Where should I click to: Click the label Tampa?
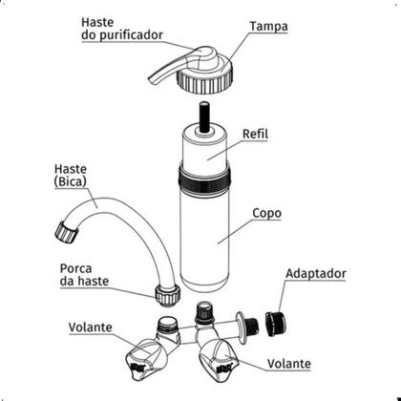click(268, 27)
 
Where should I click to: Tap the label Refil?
click(255, 134)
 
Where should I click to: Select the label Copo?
click(266, 214)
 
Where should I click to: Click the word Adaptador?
click(316, 274)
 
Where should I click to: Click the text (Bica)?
click(71, 181)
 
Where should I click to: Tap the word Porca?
click(75, 268)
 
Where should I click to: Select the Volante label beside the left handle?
click(90, 327)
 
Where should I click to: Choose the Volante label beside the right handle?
click(289, 364)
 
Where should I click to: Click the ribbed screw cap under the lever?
click(204, 79)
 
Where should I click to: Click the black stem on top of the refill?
click(204, 116)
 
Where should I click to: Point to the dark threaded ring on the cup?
click(204, 180)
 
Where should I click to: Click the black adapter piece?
click(276, 324)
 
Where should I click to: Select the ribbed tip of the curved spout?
click(67, 231)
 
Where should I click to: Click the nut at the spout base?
click(168, 296)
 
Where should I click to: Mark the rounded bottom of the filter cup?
click(204, 285)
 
